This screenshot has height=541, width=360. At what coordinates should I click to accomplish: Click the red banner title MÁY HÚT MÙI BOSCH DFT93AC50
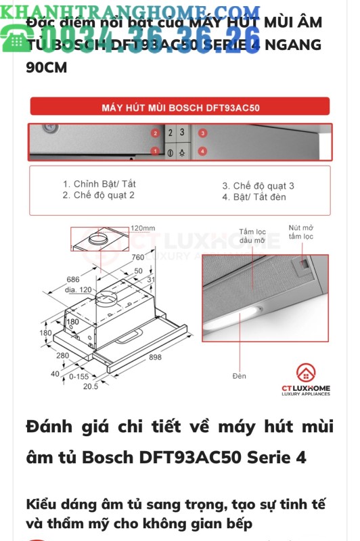180,107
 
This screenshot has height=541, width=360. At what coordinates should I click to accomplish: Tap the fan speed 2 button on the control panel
171,134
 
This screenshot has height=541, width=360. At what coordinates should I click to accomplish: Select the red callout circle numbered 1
155,151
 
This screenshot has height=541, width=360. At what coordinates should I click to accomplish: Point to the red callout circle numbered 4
202,151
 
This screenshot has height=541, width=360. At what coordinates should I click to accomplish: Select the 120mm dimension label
143,228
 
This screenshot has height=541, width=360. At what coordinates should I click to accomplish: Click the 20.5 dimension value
91,385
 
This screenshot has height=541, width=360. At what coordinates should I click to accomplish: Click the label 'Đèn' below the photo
239,375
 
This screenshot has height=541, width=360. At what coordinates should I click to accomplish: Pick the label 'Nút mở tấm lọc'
301,232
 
